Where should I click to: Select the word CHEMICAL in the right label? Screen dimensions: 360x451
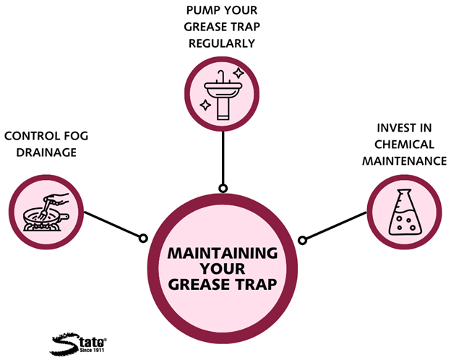(x=405, y=145)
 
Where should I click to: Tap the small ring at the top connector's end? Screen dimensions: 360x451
(x=223, y=189)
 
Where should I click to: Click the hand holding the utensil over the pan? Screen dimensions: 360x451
(x=61, y=196)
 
